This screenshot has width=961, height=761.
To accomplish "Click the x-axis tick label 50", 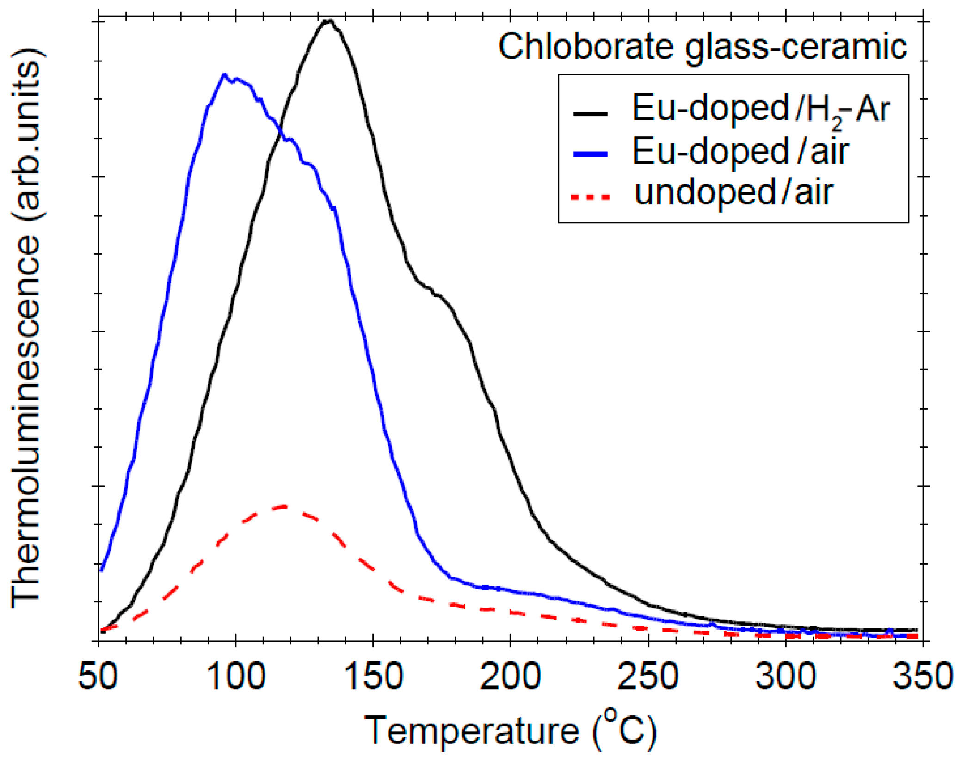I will click(98, 676).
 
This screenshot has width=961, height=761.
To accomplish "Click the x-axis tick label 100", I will click(236, 676).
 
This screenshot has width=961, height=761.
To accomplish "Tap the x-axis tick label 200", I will click(510, 676).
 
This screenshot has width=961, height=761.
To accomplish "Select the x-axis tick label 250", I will click(648, 676).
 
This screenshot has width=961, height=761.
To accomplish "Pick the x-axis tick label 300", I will click(785, 676).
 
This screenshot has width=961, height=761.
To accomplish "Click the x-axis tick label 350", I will click(922, 676).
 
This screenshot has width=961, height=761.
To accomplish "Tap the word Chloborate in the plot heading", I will click(585, 47).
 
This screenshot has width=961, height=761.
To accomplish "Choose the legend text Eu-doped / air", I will click(740, 151).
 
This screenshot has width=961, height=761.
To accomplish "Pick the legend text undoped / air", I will click(733, 192).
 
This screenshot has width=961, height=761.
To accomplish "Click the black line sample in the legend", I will click(590, 113).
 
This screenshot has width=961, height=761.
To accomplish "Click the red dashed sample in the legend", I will click(590, 197).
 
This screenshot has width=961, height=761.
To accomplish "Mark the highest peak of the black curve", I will click(329, 21).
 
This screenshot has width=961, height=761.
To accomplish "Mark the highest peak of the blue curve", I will click(224, 74).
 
